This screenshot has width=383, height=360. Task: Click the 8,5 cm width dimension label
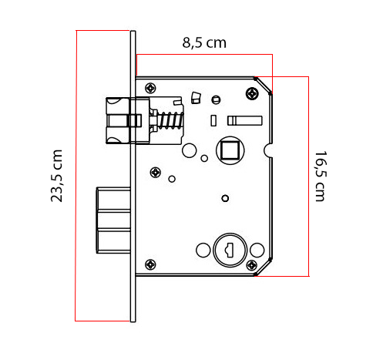tap(204, 43)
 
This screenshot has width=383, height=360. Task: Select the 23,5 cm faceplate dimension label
tap(57, 176)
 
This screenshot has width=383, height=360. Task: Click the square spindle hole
tap(229, 148)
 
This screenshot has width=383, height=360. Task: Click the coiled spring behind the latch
tap(169, 121)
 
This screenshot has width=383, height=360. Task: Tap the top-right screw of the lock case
tap(252, 93)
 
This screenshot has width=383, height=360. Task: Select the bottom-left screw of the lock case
tap(150, 264)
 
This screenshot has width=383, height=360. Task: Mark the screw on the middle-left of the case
tap(156, 172)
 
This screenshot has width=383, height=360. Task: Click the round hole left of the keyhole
tap(203, 251)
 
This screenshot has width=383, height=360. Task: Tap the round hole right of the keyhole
tap(257, 250)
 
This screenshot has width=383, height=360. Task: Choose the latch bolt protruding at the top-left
tap(119, 121)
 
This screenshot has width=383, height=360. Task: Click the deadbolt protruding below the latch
tap(113, 219)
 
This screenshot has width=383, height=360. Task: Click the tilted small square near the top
tap(195, 97)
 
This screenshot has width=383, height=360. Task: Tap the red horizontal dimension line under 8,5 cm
tap(204, 55)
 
